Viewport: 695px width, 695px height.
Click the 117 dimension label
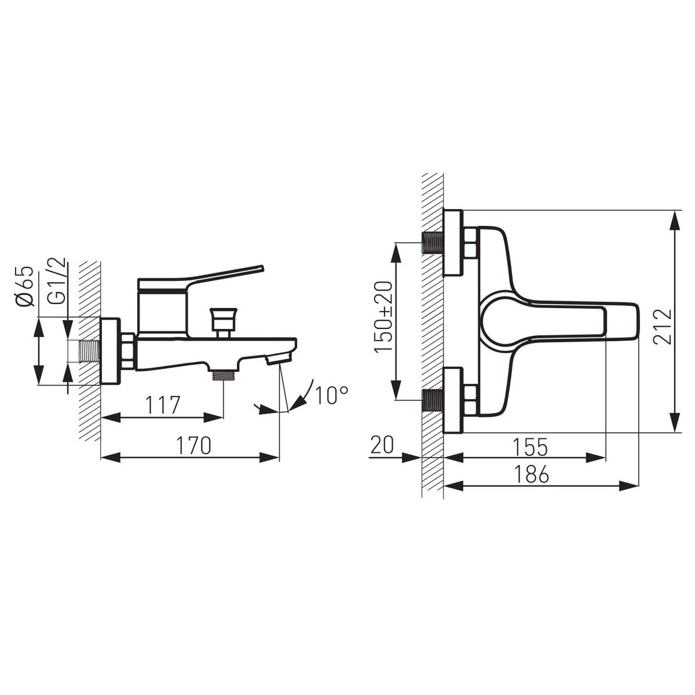coord(162,405)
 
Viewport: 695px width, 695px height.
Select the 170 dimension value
coord(193,445)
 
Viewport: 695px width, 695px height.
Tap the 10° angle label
coord(331,395)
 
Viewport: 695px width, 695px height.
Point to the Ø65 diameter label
coord(25,287)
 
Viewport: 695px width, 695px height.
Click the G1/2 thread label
coord(57,281)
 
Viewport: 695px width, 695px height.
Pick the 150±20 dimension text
coord(382,316)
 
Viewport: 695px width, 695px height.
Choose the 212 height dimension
coord(664,327)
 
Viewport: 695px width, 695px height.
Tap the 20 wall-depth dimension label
coord(382,445)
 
